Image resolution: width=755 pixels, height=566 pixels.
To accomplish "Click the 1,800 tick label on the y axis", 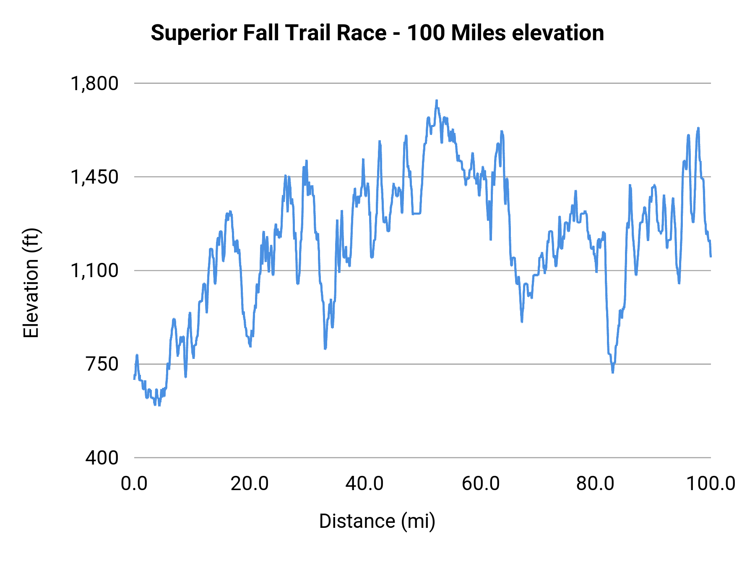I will [x=95, y=83].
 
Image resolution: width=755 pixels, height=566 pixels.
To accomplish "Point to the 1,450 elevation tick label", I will [x=95, y=177].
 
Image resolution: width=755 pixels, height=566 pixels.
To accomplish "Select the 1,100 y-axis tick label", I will [x=95, y=270].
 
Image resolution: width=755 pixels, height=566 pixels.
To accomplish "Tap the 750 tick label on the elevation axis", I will [x=102, y=364].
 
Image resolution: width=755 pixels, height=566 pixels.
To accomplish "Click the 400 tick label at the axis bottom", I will [x=102, y=457].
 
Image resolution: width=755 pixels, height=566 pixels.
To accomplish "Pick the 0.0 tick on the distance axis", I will [x=134, y=484].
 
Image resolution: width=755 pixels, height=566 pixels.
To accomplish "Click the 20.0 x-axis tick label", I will [x=250, y=484].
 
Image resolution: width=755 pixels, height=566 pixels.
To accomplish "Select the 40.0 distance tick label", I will [x=364, y=484].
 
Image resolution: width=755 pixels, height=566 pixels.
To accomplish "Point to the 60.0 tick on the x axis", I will [x=480, y=484].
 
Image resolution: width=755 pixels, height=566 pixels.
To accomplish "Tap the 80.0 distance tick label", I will [x=595, y=484].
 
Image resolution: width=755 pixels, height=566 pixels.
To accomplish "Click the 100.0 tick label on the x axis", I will [x=711, y=484].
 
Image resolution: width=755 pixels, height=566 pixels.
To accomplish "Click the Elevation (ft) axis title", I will [x=31, y=283].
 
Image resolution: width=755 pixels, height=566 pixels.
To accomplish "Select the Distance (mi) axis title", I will [x=377, y=521].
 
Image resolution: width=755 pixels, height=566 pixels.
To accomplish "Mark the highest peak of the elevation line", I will [x=437, y=101].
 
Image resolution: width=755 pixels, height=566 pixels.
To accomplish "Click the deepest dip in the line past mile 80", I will [x=613, y=372].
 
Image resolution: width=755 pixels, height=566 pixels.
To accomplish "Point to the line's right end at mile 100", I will [x=711, y=256].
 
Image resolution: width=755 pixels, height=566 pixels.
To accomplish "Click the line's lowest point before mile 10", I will [x=159, y=405].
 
